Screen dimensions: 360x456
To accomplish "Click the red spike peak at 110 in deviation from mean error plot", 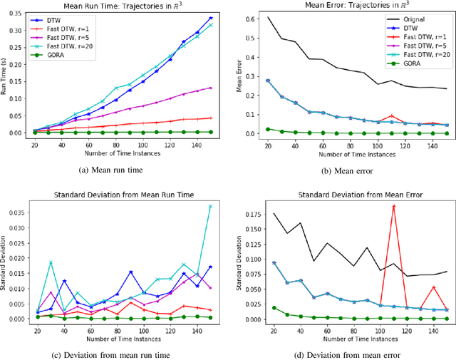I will pos(393,206).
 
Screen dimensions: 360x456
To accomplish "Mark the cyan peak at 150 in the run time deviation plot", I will pos(210,205).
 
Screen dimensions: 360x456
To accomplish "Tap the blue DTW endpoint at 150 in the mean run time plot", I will pos(210,18).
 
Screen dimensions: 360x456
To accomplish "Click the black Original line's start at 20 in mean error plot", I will pos(268,17).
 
